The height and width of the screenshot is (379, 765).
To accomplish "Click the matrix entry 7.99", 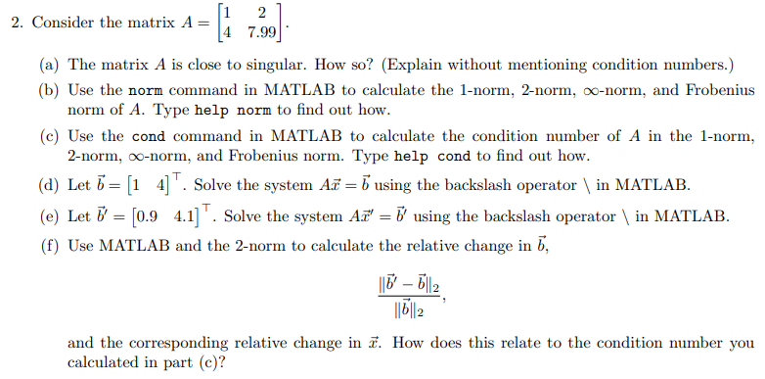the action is pos(260,33).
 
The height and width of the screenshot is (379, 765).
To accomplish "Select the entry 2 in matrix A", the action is pos(261,13).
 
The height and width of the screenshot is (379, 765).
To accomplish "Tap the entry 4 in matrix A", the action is pos(226,33).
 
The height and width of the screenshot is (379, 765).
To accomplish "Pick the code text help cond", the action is pos(433,156).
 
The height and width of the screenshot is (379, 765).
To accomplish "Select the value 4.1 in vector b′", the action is pos(186,215).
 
